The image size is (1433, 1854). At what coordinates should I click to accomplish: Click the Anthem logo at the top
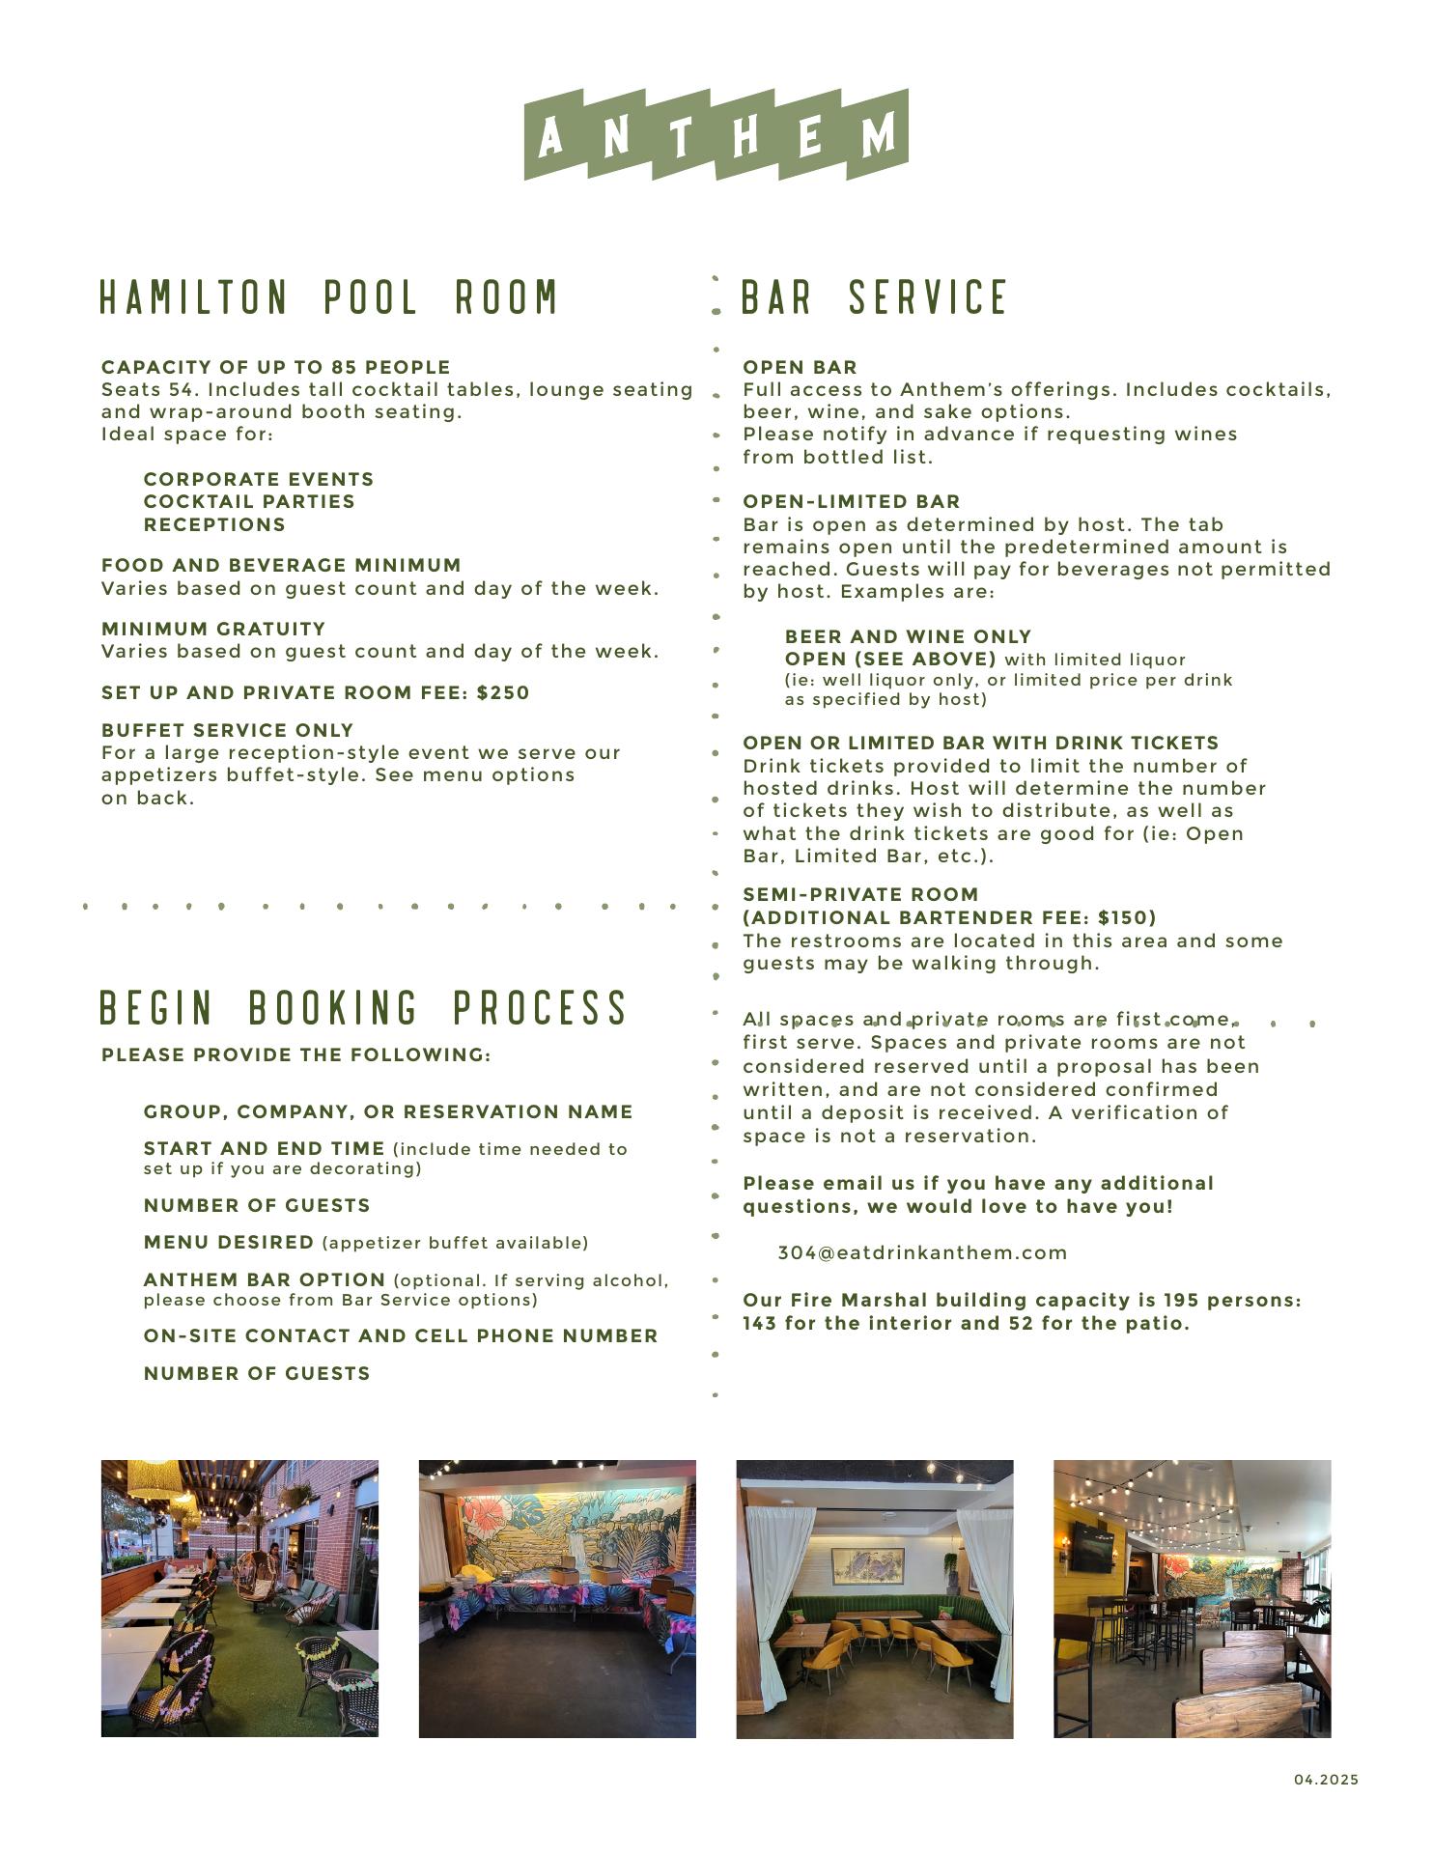tap(716, 134)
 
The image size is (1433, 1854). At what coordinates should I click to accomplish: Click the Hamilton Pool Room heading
tap(329, 296)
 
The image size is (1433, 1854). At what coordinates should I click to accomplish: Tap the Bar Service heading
tap(874, 296)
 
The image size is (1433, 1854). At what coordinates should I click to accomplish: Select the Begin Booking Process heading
tap(364, 1007)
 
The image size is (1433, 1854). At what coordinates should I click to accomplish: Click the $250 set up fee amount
tap(503, 693)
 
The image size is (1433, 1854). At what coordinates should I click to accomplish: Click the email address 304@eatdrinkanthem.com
tap(922, 1253)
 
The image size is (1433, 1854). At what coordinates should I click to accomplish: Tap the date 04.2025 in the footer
tap(1326, 1780)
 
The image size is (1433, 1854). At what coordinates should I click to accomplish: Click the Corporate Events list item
tap(258, 480)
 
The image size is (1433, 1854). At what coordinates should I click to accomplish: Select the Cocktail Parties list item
tap(249, 502)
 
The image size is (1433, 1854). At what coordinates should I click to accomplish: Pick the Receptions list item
tap(214, 525)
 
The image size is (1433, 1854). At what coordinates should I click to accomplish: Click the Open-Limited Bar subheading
tap(851, 502)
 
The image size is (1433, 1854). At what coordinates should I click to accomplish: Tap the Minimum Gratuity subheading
tap(213, 630)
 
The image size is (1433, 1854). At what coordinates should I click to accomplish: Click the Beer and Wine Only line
tap(908, 637)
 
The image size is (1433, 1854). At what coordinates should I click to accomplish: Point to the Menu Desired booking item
tap(229, 1243)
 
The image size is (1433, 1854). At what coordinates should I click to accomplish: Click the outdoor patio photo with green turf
tap(239, 1598)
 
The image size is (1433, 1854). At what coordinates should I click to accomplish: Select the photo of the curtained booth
tap(874, 1598)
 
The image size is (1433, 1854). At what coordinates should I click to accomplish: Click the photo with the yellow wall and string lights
tap(1192, 1598)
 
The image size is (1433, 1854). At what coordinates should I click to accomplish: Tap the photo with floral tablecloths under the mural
tap(557, 1598)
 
